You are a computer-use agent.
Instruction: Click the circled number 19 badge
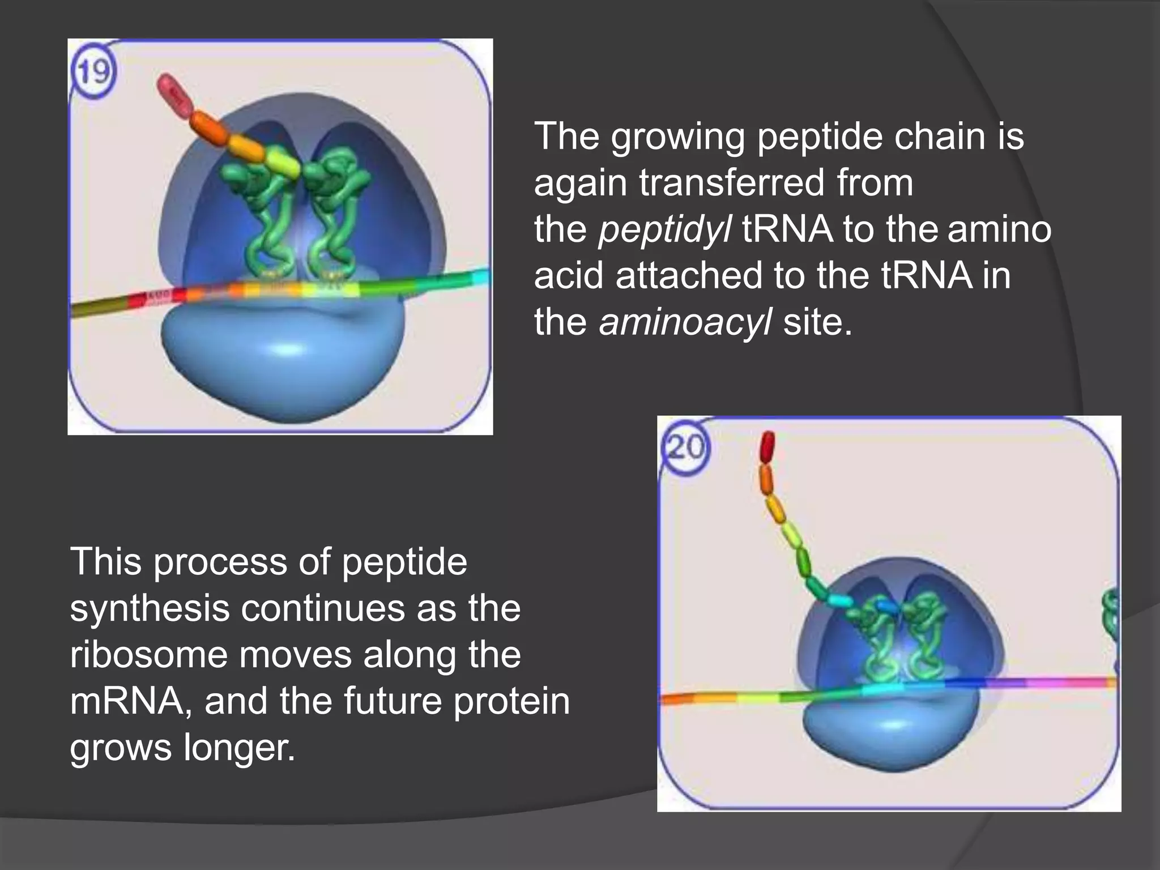click(x=94, y=72)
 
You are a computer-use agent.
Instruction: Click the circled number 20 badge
click(x=685, y=448)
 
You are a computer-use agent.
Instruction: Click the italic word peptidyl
click(x=664, y=229)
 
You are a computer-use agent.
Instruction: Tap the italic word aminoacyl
click(x=685, y=322)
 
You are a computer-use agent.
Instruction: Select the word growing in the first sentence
click(x=678, y=137)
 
